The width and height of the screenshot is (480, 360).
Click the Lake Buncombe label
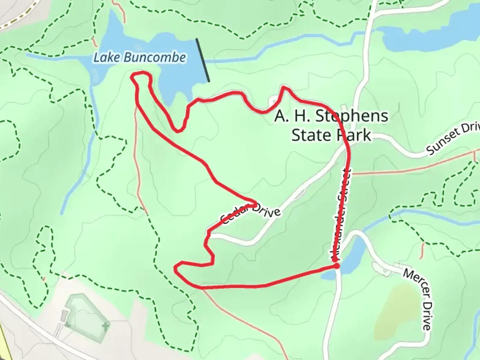coord(139,58)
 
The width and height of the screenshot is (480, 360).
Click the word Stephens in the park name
coord(351,116)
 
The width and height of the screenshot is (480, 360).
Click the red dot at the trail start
coord(337,266)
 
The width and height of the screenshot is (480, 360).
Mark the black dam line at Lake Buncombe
coord(203,60)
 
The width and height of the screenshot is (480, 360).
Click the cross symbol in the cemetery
coord(106,326)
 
